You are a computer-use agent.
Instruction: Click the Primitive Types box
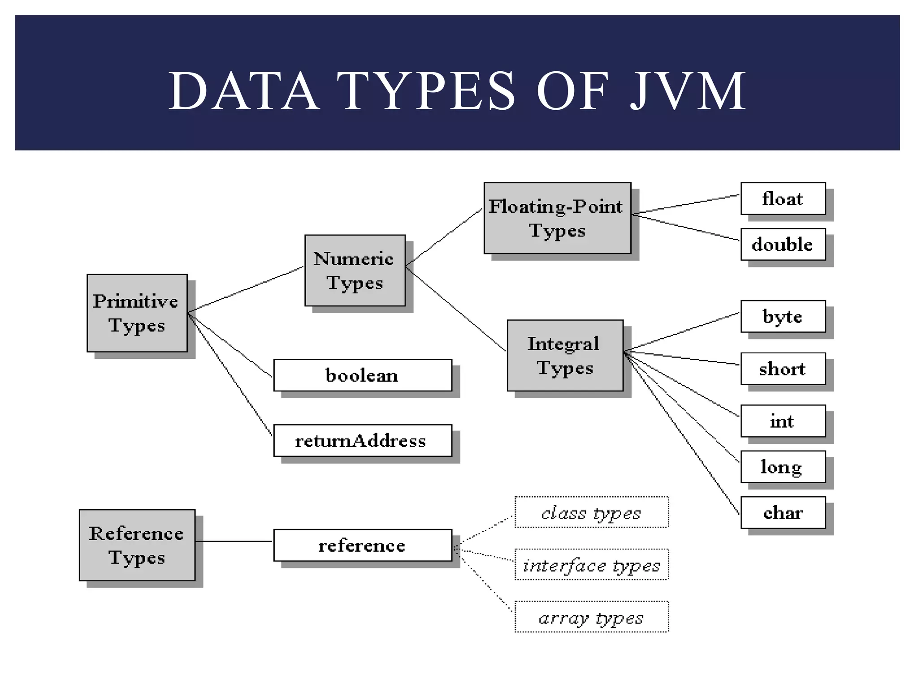(x=137, y=313)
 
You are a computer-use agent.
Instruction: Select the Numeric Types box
(x=355, y=270)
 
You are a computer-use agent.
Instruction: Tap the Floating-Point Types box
(x=557, y=218)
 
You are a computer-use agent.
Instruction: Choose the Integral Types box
(x=565, y=355)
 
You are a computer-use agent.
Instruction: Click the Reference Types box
(x=137, y=545)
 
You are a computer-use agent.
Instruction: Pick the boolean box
(x=362, y=375)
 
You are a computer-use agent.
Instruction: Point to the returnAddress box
(x=362, y=440)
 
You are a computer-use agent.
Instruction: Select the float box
(x=783, y=198)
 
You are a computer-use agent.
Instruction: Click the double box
(x=783, y=244)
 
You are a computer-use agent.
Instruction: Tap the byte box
(x=783, y=316)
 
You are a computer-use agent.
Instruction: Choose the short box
(x=783, y=369)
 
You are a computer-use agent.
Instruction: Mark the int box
(x=783, y=421)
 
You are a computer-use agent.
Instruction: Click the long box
(x=783, y=466)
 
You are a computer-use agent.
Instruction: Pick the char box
(x=783, y=512)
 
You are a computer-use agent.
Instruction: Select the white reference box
(x=362, y=545)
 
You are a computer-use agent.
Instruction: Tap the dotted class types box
(x=591, y=512)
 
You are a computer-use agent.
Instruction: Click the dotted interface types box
(x=591, y=564)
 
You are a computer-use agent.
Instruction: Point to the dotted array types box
(x=591, y=617)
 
